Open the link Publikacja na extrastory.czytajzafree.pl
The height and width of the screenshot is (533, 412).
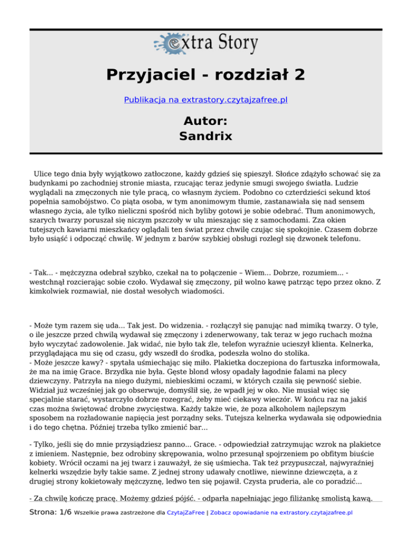[x=206, y=100]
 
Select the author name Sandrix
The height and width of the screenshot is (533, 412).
[x=206, y=136]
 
